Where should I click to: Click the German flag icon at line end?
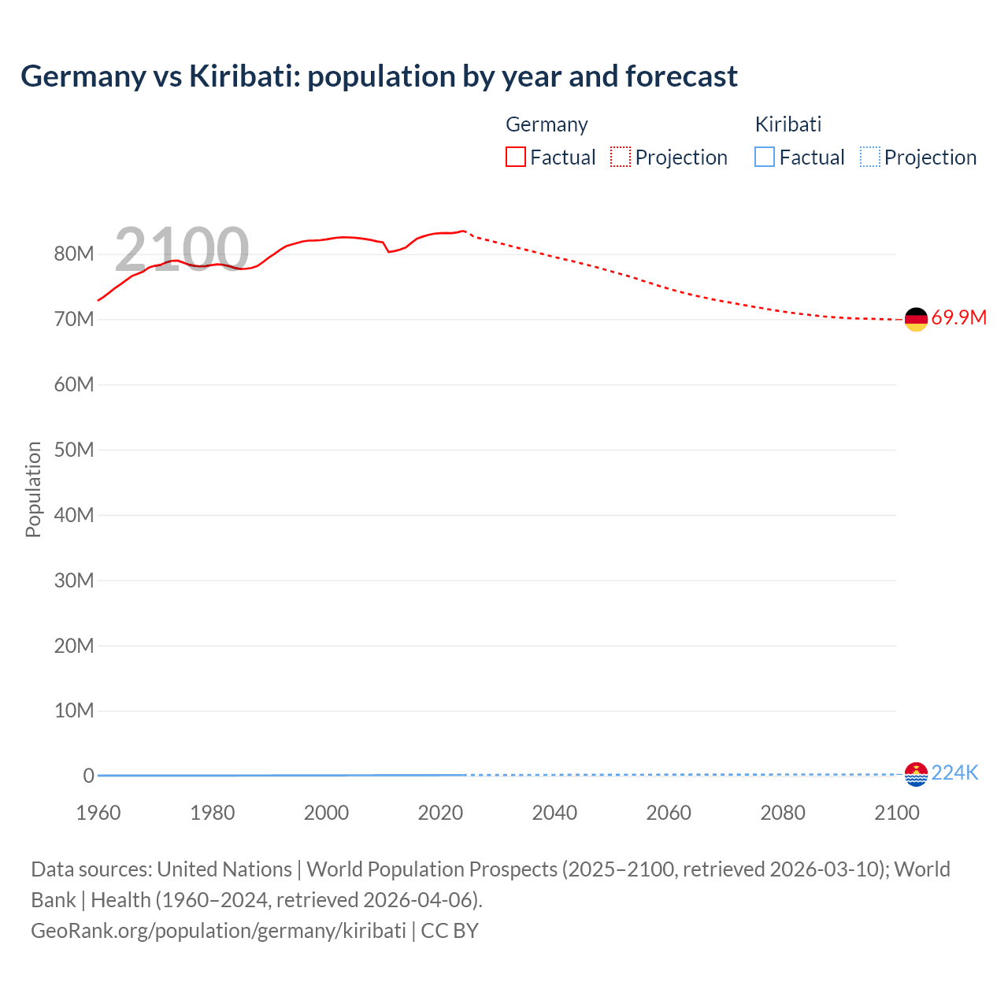[916, 319]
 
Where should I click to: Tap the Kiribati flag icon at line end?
[916, 774]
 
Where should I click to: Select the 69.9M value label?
[958, 318]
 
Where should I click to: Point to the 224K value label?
[954, 773]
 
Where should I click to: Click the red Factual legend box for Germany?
[515, 157]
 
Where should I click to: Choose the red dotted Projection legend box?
[621, 157]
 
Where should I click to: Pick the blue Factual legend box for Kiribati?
[765, 157]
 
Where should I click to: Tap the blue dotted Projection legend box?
[870, 157]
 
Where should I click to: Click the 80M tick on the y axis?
[74, 254]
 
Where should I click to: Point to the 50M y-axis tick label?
[74, 450]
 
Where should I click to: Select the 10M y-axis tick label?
[74, 711]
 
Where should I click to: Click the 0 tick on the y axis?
[88, 776]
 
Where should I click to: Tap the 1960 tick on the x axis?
[98, 813]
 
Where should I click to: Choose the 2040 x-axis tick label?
[554, 813]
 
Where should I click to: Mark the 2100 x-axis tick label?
[896, 813]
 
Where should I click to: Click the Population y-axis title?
[33, 489]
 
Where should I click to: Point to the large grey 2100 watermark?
[182, 250]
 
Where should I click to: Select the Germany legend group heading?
[547, 124]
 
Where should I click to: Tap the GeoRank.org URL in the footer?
[218, 931]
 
